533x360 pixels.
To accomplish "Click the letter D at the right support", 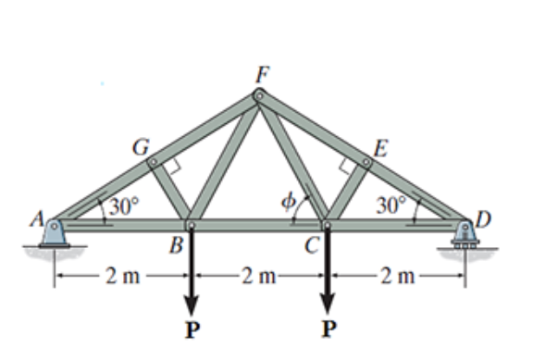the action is [x=483, y=219].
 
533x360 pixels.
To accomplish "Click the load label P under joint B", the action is [x=192, y=329].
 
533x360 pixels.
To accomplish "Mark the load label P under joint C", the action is [x=328, y=329].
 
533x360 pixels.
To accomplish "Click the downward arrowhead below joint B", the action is [x=192, y=304].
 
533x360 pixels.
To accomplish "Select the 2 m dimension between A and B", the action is [x=123, y=275].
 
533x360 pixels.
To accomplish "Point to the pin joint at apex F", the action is [x=260, y=94].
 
